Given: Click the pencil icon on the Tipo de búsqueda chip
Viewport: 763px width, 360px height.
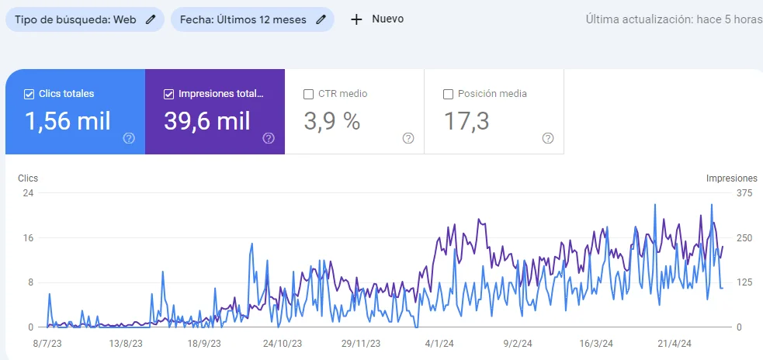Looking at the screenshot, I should click(x=151, y=19).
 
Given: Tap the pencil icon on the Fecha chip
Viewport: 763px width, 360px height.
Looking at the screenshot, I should click(x=321, y=19).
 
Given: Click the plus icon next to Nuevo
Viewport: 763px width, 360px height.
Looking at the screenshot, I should click(x=356, y=19).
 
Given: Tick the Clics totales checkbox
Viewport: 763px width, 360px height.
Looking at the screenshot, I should click(x=29, y=94).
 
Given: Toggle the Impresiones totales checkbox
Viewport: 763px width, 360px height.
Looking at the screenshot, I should click(x=168, y=94).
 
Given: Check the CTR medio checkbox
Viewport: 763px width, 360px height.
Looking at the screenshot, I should click(x=308, y=94).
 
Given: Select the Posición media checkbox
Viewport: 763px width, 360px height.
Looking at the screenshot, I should click(x=448, y=94).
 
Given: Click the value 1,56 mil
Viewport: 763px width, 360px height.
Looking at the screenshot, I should click(x=68, y=121).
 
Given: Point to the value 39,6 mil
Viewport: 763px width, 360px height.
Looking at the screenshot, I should click(x=206, y=121).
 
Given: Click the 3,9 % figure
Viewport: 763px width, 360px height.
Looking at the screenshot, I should click(x=331, y=121).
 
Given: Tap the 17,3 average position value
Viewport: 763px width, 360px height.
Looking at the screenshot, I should click(x=466, y=121).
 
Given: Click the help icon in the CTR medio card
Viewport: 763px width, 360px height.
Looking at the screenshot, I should click(x=408, y=138).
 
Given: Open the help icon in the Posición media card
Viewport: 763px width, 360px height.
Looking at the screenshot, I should click(x=548, y=138).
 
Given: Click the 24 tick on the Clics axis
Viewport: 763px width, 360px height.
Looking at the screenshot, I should click(x=27, y=193).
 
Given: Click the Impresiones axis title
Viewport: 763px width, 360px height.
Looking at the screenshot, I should click(x=731, y=178).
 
